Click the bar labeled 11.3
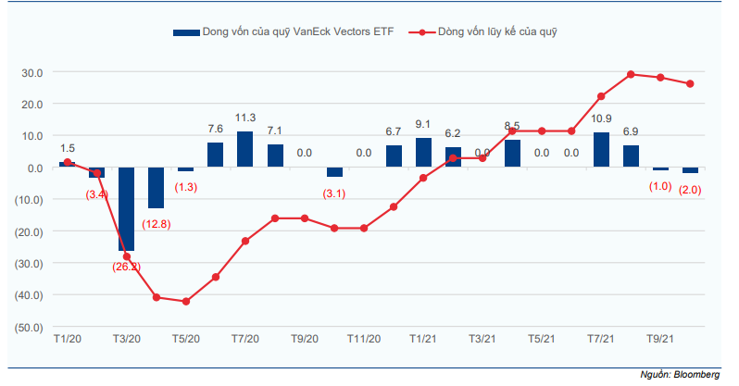click(245, 149)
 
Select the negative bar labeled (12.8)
click(156, 188)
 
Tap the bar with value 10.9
click(601, 149)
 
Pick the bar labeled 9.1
click(423, 152)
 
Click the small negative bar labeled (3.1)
click(334, 172)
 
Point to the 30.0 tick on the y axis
click(32, 73)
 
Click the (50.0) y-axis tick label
click(29, 328)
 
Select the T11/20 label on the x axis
click(364, 339)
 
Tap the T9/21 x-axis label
click(660, 339)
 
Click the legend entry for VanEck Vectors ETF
click(283, 32)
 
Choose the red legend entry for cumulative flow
click(482, 32)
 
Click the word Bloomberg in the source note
click(696, 375)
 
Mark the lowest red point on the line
click(186, 301)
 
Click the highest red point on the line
click(631, 74)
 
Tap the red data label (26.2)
click(126, 267)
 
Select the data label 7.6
click(216, 129)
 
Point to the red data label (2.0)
click(690, 190)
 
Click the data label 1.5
click(68, 148)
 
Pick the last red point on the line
click(690, 84)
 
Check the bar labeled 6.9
click(631, 156)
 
